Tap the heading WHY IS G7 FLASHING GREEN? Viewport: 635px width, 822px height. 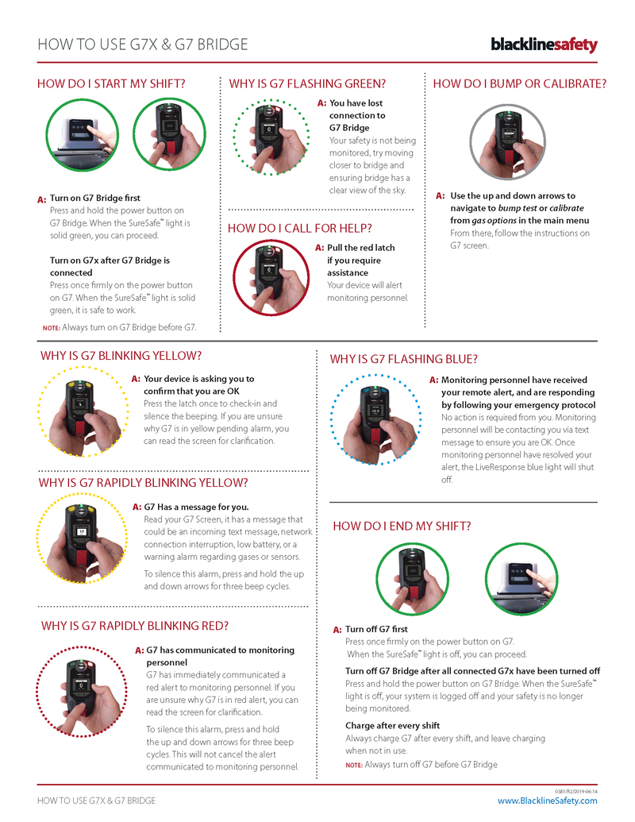coord(307,83)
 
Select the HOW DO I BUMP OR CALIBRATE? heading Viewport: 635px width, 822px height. coord(520,83)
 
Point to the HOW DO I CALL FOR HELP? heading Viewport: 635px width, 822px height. coord(299,229)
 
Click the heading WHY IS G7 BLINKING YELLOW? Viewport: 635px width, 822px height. coord(121,356)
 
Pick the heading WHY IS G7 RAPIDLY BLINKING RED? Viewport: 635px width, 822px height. coord(135,626)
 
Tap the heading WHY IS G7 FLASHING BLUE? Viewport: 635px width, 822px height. coord(403,359)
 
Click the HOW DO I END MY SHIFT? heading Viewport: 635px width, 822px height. coord(402,526)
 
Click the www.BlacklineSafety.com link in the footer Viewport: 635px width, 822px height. coord(547,801)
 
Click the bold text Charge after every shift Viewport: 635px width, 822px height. coord(392,725)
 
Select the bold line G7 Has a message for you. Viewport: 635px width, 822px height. coord(196,507)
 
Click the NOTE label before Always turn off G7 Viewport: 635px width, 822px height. coord(353,765)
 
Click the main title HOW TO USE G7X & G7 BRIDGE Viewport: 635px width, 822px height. coord(142,44)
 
